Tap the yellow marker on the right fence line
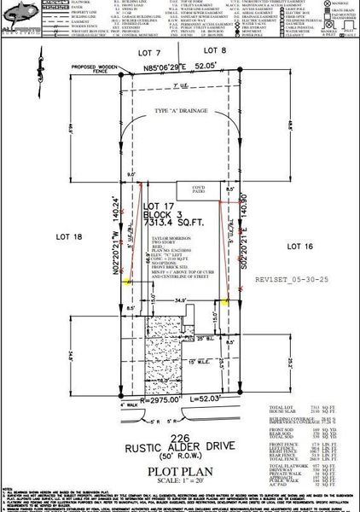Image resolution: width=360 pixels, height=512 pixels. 227,300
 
